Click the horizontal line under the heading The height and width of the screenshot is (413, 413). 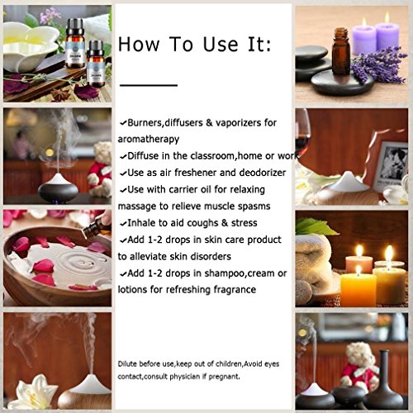click(x=149, y=83)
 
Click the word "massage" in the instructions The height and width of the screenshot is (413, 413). click(x=141, y=205)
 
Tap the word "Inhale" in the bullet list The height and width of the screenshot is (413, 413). click(x=142, y=222)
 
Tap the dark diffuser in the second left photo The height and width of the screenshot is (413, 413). click(x=58, y=186)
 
